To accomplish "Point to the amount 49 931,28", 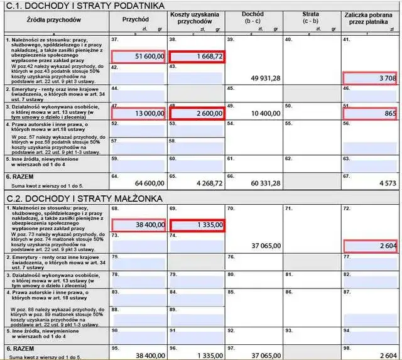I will click(x=265, y=78).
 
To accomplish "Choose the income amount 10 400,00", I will click(x=265, y=113).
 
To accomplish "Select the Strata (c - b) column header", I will click(x=310, y=17).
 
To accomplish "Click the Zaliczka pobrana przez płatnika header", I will click(x=369, y=17).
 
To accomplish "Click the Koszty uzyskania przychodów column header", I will click(x=195, y=17).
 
